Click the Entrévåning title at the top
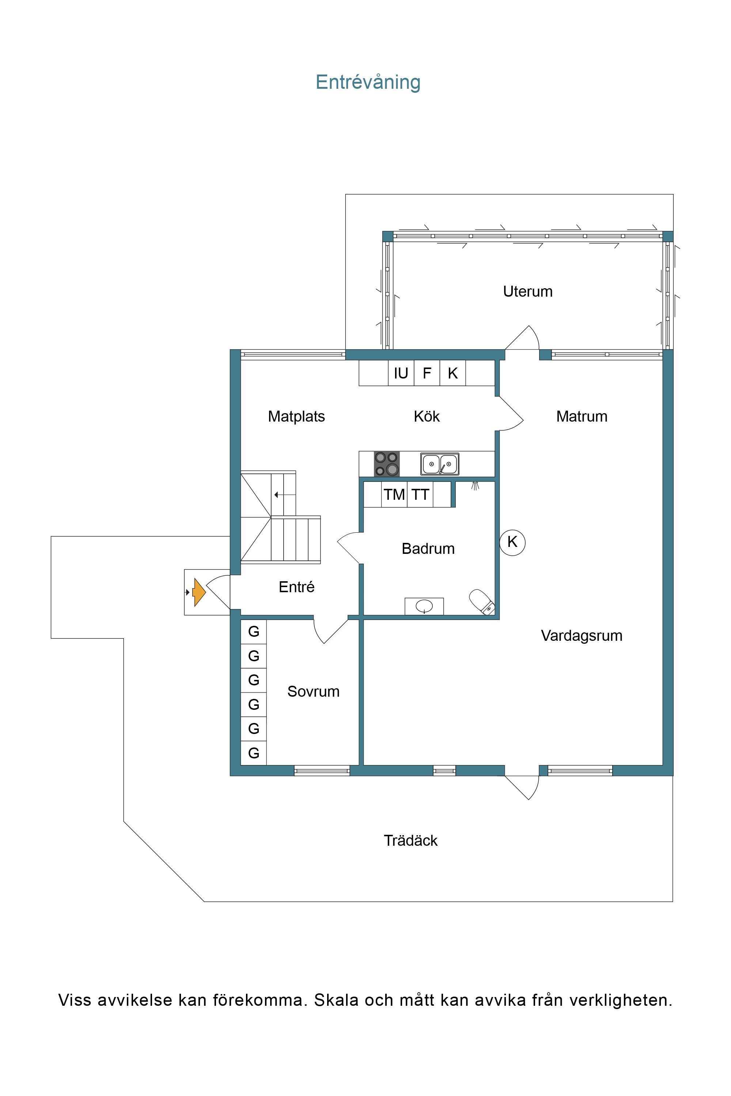click(x=368, y=82)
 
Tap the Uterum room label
click(x=528, y=291)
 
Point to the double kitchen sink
click(x=440, y=464)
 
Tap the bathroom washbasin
click(x=424, y=606)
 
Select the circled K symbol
click(x=512, y=542)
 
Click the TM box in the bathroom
click(x=394, y=494)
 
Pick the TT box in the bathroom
click(x=420, y=494)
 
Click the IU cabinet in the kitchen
click(x=401, y=373)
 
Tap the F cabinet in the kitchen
click(x=427, y=373)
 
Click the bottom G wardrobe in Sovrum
click(x=254, y=753)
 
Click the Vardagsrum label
click(x=582, y=636)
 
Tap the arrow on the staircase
click(x=285, y=495)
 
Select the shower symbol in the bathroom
click(x=475, y=486)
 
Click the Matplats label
click(x=296, y=416)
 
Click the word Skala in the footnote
click(x=337, y=1000)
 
